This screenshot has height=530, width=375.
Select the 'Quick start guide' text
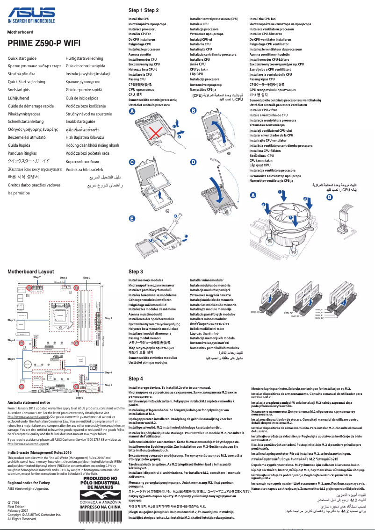(22, 58)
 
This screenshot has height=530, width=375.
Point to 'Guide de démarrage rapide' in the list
(31, 106)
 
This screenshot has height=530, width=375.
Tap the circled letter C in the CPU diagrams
(132, 162)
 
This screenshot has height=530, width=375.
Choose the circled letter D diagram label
(194, 162)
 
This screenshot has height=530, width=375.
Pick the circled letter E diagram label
(132, 218)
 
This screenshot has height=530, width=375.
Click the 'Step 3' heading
(136, 272)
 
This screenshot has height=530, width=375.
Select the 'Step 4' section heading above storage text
(136, 379)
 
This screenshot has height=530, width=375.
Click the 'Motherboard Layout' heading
(31, 272)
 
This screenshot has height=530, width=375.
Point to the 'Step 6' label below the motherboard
(79, 397)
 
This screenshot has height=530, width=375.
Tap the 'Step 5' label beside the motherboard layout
(11, 359)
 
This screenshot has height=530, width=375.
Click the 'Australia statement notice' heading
(29, 402)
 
